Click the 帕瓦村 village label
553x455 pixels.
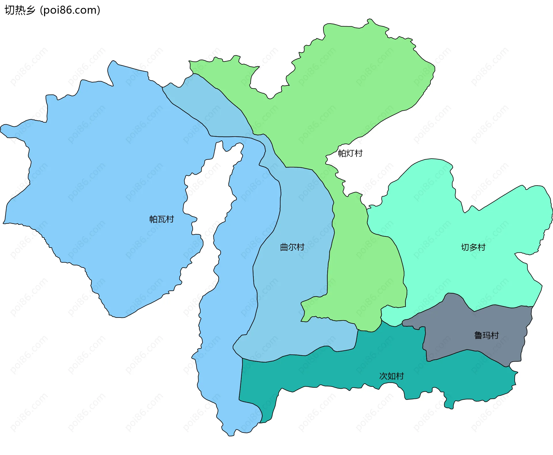coord(162,219)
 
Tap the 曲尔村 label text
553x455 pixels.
coord(292,247)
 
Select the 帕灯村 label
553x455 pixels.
coord(350,153)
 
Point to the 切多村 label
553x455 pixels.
coord(473,247)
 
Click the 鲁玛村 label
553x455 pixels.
coord(486,335)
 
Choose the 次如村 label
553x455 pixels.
coord(391,376)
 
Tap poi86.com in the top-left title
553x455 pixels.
coord(70,10)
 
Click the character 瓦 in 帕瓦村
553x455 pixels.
coord(162,219)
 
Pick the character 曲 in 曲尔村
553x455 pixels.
coord(284,247)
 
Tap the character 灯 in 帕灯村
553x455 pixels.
coord(350,153)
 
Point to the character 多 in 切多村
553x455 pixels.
coord(473,247)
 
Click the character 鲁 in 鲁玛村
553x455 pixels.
coord(478,335)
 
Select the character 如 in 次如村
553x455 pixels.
coord(391,376)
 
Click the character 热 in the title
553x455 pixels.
coord(20,10)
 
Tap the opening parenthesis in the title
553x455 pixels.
coord(41,10)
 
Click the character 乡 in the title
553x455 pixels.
coord(31,10)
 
